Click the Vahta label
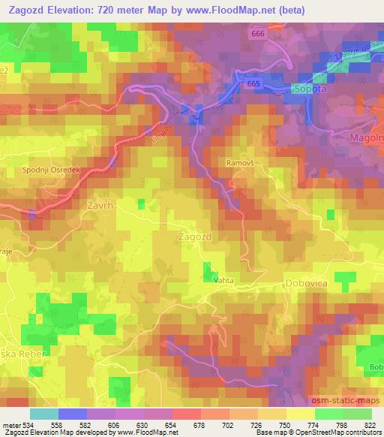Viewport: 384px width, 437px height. tap(224, 279)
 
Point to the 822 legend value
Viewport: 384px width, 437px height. tap(368, 426)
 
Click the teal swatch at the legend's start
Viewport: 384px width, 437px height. tap(45, 414)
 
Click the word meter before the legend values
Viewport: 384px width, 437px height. tap(10, 426)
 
